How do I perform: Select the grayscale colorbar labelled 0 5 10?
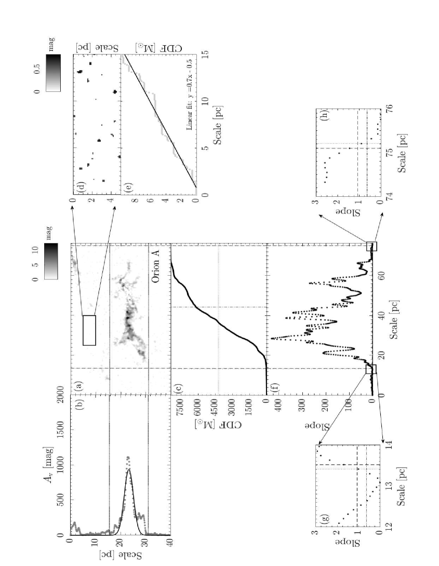51,261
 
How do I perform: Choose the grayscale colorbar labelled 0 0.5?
54,73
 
